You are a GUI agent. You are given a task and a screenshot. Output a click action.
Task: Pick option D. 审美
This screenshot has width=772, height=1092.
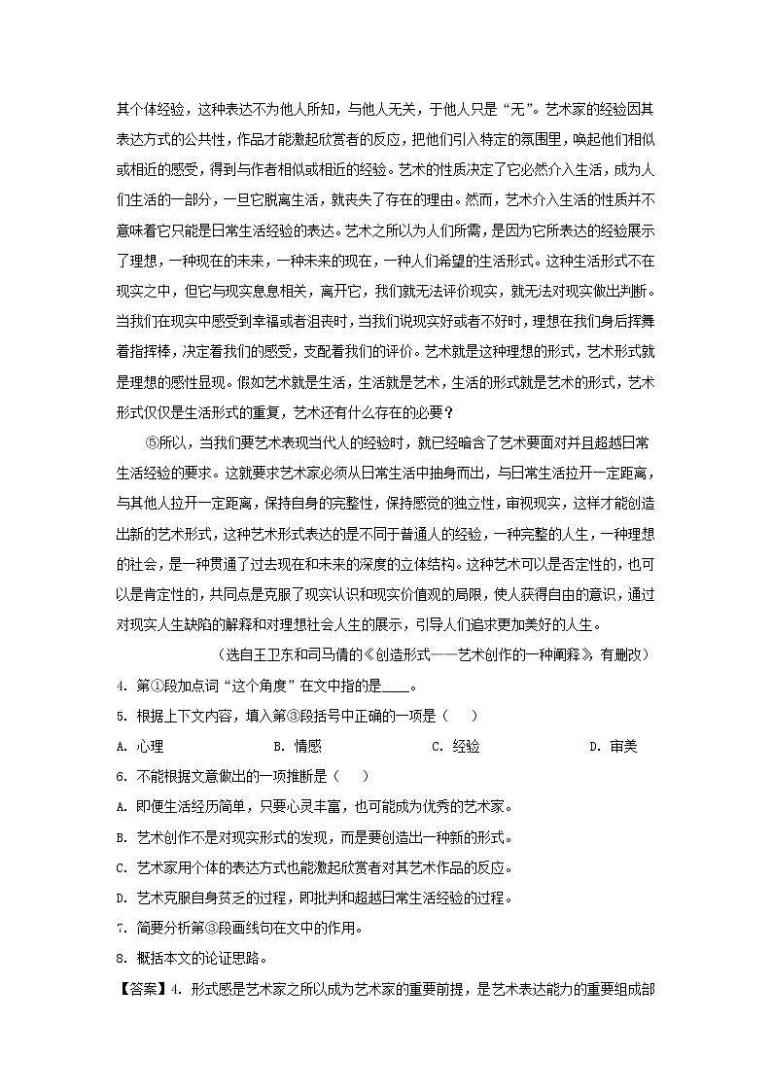click(x=613, y=747)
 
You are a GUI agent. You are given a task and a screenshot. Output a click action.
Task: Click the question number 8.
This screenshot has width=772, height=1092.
click(x=120, y=957)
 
